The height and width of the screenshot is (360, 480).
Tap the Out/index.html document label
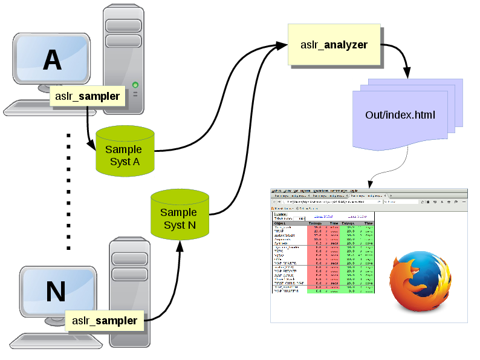400,115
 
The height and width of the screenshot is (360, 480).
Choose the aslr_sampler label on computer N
105,321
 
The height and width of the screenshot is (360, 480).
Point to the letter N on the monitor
56,292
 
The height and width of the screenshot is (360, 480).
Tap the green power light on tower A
135,85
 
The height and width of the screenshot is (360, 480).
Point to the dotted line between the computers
68,191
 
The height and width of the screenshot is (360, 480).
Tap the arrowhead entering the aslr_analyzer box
282,45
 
